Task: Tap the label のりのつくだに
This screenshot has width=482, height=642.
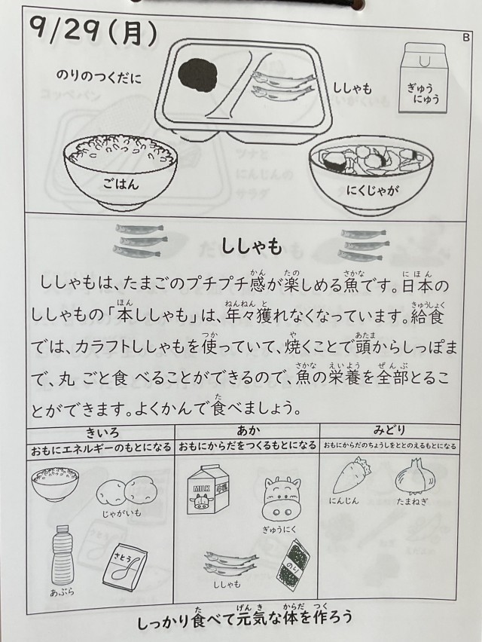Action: tap(99, 77)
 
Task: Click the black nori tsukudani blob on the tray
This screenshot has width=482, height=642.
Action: tap(199, 74)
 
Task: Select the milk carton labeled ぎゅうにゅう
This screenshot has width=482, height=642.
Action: tap(423, 78)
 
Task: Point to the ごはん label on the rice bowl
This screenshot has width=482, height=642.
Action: tap(120, 185)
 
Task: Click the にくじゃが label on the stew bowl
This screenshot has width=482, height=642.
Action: tap(373, 190)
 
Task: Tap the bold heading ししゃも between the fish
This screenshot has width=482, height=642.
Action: tap(252, 246)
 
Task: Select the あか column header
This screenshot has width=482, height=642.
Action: tap(248, 431)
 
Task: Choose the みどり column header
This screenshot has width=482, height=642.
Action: tap(389, 430)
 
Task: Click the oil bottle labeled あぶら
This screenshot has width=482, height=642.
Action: tap(62, 555)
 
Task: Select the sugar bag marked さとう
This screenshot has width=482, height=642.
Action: tap(125, 565)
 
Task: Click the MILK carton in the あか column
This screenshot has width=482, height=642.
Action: tap(208, 490)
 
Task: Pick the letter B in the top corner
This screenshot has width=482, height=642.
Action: tap(465, 38)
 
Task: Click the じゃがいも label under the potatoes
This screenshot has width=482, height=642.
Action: tap(121, 512)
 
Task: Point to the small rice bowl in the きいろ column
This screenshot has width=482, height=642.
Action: tap(55, 485)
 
